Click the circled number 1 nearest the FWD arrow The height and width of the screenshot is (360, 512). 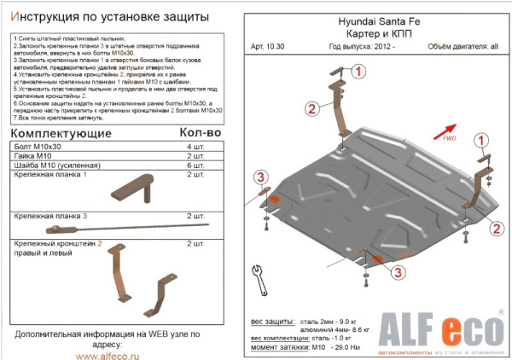point(482,140)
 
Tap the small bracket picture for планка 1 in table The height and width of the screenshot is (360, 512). point(131,189)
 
